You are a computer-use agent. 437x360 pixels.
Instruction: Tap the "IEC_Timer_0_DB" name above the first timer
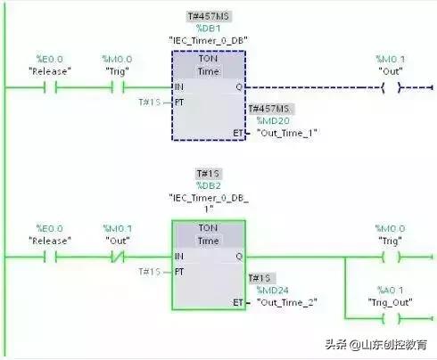[209, 40]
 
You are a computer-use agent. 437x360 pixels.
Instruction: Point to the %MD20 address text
[271, 120]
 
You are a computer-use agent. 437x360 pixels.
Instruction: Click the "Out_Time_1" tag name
[286, 133]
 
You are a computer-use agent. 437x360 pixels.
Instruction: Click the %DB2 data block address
[209, 185]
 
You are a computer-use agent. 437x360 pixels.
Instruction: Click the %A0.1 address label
[390, 290]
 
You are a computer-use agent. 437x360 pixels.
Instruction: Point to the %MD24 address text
[271, 290]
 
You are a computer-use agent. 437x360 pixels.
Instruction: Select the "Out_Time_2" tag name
[286, 302]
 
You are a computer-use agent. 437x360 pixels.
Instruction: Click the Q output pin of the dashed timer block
[237, 87]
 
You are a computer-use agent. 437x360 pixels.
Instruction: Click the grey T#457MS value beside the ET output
[273, 109]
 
